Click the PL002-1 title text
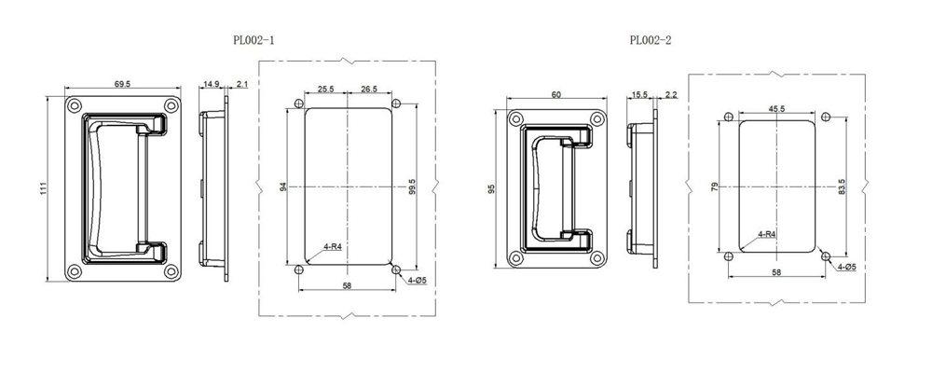(254, 40)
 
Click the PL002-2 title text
(650, 40)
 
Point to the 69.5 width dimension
(122, 85)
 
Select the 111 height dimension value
(44, 188)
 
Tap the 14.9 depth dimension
(211, 85)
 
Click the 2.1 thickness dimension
(241, 85)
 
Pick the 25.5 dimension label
(326, 90)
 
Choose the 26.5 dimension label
(368, 90)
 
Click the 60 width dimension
(556, 95)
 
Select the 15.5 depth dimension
(639, 95)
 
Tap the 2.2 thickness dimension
(671, 95)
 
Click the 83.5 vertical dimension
(842, 186)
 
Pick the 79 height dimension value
(715, 186)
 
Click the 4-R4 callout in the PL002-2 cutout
(767, 233)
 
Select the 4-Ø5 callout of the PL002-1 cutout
(416, 281)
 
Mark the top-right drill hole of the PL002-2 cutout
(825, 117)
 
